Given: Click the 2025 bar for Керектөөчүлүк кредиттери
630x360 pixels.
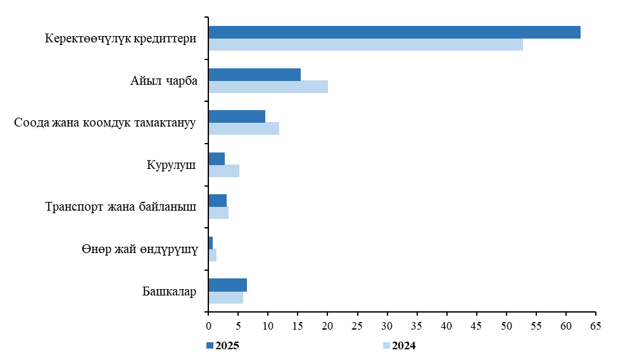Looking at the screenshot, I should click(x=394, y=32).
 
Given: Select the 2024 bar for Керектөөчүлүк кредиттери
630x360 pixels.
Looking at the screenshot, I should click(x=365, y=44).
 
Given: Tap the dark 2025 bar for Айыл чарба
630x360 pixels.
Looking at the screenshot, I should click(x=255, y=74).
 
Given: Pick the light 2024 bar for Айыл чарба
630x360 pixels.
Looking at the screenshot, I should click(x=268, y=87).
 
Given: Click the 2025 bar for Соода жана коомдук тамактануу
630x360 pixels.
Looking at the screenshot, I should click(x=237, y=116).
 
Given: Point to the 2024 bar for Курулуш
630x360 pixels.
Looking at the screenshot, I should click(x=224, y=171).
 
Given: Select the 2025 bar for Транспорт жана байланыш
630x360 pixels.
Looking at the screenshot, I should click(x=217, y=201).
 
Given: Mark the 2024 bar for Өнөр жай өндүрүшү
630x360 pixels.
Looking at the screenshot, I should click(x=212, y=255).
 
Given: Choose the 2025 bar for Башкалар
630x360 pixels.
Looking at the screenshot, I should click(x=227, y=285).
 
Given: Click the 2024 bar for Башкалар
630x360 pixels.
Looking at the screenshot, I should click(x=225, y=297).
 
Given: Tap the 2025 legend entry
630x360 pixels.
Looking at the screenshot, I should click(x=222, y=345).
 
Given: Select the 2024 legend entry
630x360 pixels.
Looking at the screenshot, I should click(x=400, y=345).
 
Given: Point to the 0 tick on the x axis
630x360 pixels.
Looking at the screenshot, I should click(x=208, y=326).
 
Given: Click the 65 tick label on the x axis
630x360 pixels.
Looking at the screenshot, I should click(x=596, y=326).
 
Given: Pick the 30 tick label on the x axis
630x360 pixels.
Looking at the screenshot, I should click(x=387, y=326).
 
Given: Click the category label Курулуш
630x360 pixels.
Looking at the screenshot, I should click(x=170, y=165).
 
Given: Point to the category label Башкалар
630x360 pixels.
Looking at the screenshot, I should click(x=169, y=292).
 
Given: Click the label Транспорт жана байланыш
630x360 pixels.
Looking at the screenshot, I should click(x=121, y=207).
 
